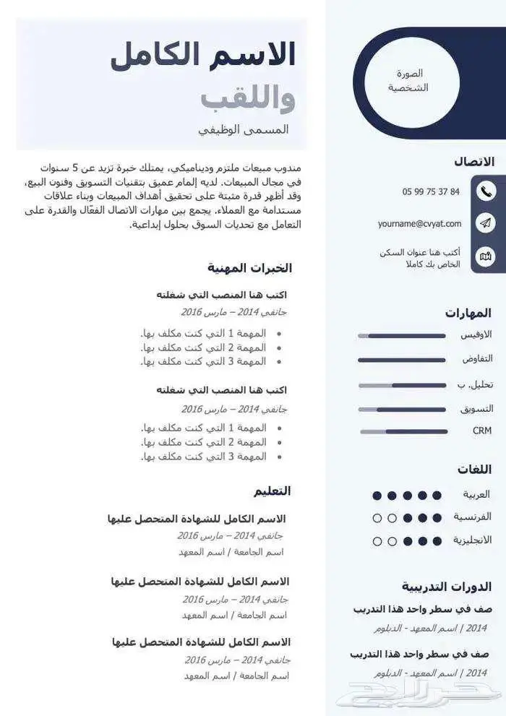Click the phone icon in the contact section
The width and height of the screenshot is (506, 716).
point(486,191)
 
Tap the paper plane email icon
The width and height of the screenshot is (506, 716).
point(486,223)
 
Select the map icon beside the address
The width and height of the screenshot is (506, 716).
point(486,256)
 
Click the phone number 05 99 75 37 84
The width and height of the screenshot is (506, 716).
point(431,191)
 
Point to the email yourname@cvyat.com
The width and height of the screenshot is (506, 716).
point(419,224)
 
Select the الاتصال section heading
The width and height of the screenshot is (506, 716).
point(474,162)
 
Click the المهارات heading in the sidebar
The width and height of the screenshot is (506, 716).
point(468,313)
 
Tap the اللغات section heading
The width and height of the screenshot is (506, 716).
point(474,470)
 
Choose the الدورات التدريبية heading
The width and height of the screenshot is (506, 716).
point(447,586)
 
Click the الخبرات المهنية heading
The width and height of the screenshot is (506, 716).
point(250,268)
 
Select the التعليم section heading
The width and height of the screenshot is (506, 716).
point(272,491)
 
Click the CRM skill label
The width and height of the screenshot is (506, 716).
point(482,431)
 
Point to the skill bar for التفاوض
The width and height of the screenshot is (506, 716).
point(402,360)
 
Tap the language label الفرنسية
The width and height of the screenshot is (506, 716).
point(473,517)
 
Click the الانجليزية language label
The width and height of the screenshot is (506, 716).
point(472,540)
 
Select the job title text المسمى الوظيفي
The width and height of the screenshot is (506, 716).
point(244,130)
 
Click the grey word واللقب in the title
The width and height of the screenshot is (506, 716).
point(248,98)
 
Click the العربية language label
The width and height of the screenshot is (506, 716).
point(476,495)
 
